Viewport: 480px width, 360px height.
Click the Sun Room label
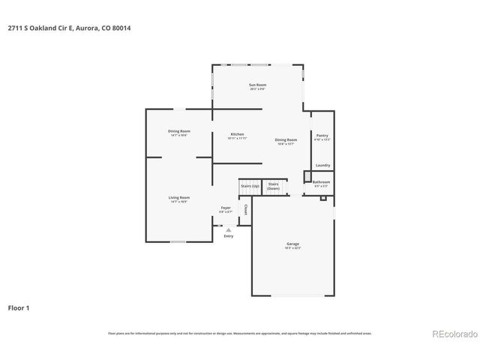[x=257, y=85]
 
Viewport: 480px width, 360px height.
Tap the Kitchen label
[x=237, y=135]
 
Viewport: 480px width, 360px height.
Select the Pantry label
[x=322, y=136]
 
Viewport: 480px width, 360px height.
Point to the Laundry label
[x=322, y=165]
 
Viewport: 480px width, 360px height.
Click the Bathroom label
[x=321, y=181]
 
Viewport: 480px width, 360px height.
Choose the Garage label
[x=292, y=244]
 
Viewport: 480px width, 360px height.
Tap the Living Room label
[x=178, y=198]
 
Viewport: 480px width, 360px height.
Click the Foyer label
[x=225, y=208]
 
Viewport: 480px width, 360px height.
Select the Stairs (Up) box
[x=250, y=186]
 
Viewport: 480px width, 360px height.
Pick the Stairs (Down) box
[x=274, y=186]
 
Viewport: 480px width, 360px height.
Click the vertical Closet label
[x=244, y=209]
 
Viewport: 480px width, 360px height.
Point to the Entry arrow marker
[x=228, y=229]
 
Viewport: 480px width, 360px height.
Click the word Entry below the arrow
[x=228, y=236]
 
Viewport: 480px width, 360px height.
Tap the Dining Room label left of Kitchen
[x=178, y=132]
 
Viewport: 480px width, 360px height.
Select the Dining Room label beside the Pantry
[x=286, y=140]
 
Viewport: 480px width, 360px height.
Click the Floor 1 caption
[x=19, y=307]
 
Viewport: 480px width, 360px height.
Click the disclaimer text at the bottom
[x=240, y=333]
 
